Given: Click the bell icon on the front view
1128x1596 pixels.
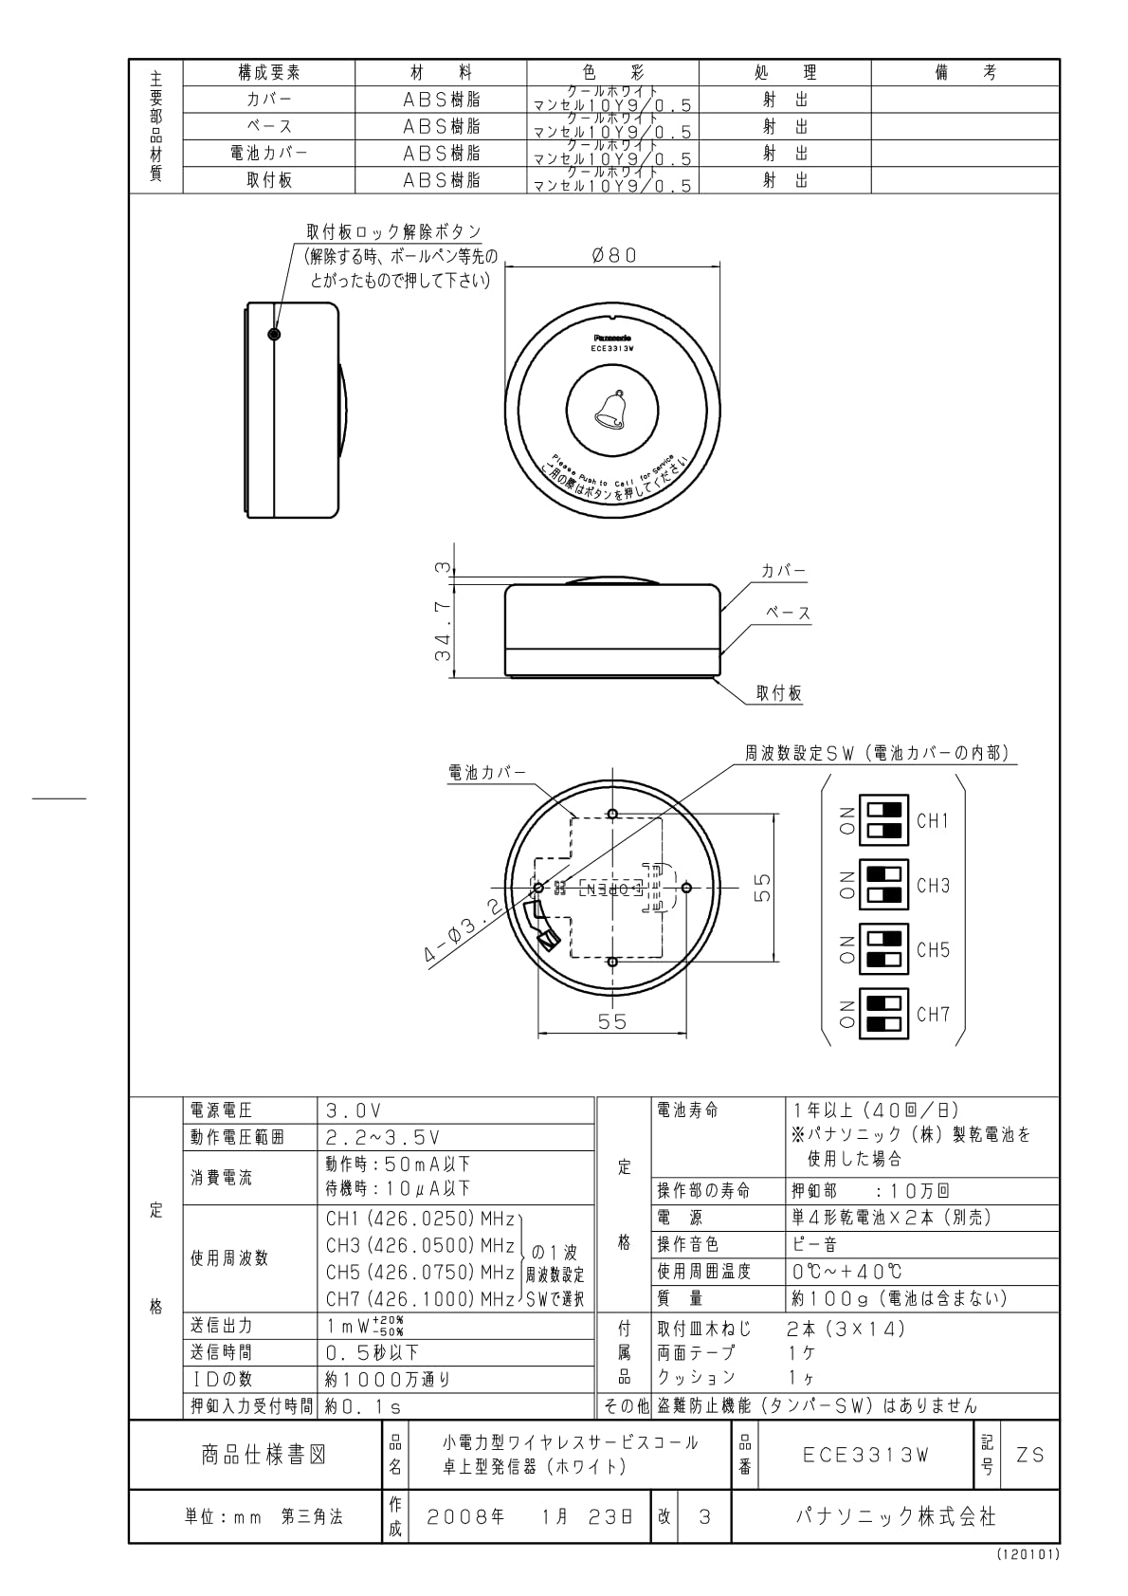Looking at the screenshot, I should [x=612, y=410].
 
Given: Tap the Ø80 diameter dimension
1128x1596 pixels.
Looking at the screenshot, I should [x=614, y=255].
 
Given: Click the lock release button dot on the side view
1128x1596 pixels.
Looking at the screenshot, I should [x=274, y=335].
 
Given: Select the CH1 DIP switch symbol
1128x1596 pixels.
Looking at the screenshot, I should [x=882, y=820].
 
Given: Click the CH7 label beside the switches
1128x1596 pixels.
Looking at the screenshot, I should [x=933, y=1014].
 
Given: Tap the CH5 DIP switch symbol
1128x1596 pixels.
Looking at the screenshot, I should [x=882, y=949].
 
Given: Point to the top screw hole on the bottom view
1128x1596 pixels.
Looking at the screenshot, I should [x=612, y=814].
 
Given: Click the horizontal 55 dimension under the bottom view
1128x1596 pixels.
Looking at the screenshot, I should [x=612, y=1022].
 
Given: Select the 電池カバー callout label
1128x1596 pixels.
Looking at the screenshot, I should [x=486, y=773].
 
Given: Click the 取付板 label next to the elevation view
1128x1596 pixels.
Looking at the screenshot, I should [x=779, y=693].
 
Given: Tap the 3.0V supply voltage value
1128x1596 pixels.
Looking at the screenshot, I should [x=354, y=1110].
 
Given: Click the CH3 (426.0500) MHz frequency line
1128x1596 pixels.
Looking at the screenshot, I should [x=420, y=1245].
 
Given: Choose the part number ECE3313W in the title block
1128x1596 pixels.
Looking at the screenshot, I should [x=865, y=1455].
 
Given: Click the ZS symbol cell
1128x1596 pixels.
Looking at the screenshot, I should [x=1029, y=1455].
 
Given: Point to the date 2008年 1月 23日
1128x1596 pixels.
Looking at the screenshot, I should [x=529, y=1516].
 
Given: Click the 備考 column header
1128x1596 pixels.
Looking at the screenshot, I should [x=965, y=73].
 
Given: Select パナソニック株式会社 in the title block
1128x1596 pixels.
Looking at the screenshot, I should [x=895, y=1516].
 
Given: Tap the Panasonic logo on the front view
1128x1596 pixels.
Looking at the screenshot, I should [x=612, y=337].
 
